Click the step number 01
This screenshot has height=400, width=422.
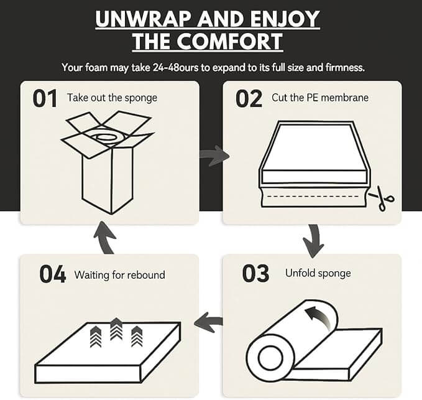click(45, 98)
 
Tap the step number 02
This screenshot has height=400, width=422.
click(249, 99)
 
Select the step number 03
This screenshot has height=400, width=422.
click(255, 273)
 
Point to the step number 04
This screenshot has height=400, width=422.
click(52, 274)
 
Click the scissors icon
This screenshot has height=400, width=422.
click(382, 198)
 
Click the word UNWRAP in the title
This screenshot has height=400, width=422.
click(144, 19)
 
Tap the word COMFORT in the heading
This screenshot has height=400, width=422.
click(229, 42)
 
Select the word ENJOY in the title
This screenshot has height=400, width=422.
click(285, 19)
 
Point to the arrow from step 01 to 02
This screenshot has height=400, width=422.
click(214, 156)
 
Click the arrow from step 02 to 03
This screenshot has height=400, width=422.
click(313, 241)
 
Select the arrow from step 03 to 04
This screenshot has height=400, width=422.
click(208, 322)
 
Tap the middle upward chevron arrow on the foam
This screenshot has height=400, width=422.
click(116, 329)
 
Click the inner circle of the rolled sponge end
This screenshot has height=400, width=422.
click(271, 358)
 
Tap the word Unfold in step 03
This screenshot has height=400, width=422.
click(300, 273)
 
